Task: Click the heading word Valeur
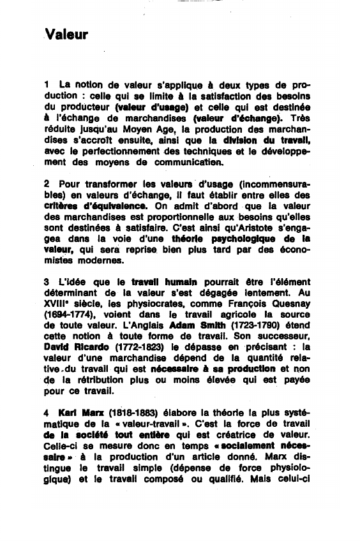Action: click(66, 34)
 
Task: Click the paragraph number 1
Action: click(47, 85)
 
